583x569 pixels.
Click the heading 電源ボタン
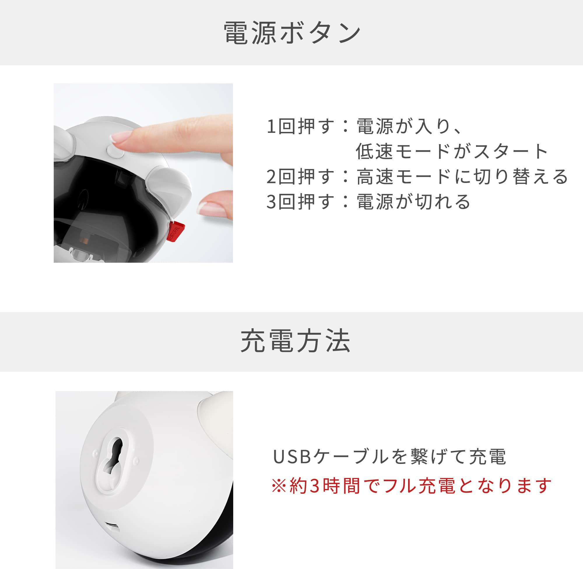tap(292, 33)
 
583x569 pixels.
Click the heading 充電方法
tap(295, 341)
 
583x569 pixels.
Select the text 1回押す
tap(301, 126)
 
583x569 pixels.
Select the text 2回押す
tap(301, 176)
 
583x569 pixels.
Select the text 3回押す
tap(301, 201)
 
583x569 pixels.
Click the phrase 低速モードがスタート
tap(452, 151)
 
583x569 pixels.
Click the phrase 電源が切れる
tap(413, 201)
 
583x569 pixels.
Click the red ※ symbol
tap(279, 486)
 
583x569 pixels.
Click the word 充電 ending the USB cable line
tap(487, 456)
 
